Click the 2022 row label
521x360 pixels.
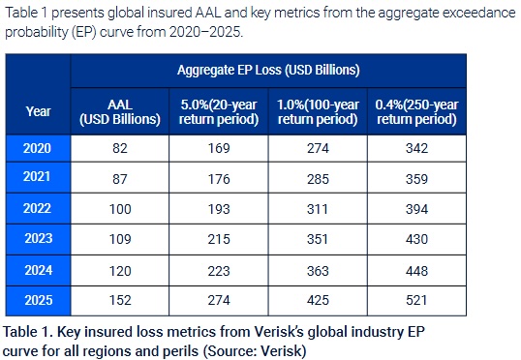pyautogui.click(x=37, y=209)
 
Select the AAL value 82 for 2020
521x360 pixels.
pyautogui.click(x=120, y=148)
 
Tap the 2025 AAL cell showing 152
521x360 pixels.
pyautogui.click(x=120, y=300)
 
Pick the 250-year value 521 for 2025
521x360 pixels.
pyautogui.click(x=416, y=300)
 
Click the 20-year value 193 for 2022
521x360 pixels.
pyautogui.click(x=219, y=209)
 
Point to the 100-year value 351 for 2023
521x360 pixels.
pyautogui.click(x=318, y=239)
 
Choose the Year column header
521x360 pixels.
pyautogui.click(x=38, y=111)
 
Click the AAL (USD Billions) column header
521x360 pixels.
pyautogui.click(x=120, y=112)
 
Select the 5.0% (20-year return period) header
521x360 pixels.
pyautogui.click(x=219, y=112)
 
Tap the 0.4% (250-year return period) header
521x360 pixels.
pyautogui.click(x=416, y=112)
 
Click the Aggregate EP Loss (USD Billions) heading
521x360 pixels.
pyautogui.click(x=268, y=71)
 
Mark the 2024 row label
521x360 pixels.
pyautogui.click(x=39, y=270)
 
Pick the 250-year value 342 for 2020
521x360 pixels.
pyautogui.click(x=416, y=148)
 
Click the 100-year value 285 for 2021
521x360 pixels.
pyautogui.click(x=318, y=179)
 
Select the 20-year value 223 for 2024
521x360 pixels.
pyautogui.click(x=219, y=271)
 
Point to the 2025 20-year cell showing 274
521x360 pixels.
pyautogui.click(x=219, y=300)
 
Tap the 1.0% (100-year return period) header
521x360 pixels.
pyautogui.click(x=318, y=112)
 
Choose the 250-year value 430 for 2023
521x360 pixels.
pyautogui.click(x=416, y=239)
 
